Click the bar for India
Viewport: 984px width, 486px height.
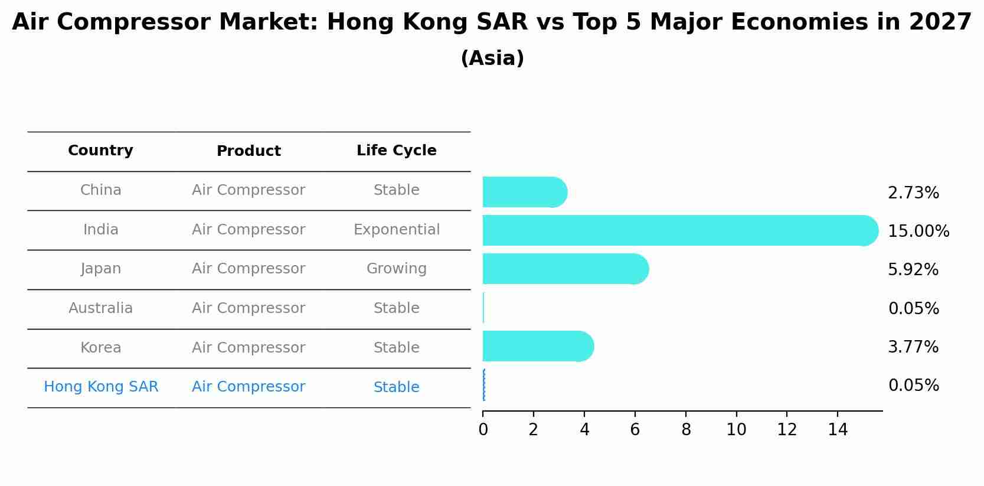point(681,231)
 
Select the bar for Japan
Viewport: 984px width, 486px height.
point(566,269)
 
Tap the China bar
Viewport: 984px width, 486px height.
point(525,192)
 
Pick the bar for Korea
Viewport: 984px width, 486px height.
point(538,346)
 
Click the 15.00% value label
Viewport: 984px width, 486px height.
point(918,231)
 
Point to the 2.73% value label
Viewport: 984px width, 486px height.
point(913,193)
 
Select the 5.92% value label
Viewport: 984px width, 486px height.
point(913,269)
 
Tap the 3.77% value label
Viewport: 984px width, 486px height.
point(913,347)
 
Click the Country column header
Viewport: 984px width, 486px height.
point(100,151)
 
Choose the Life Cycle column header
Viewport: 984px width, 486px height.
point(397,151)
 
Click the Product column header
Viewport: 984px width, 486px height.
point(249,151)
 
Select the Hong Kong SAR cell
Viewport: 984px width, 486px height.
point(101,387)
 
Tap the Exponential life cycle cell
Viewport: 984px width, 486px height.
point(397,230)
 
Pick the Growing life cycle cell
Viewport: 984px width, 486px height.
point(397,269)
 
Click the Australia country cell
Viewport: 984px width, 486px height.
point(100,308)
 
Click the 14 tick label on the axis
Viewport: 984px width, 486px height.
point(838,429)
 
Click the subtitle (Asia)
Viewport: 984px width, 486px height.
point(492,58)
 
